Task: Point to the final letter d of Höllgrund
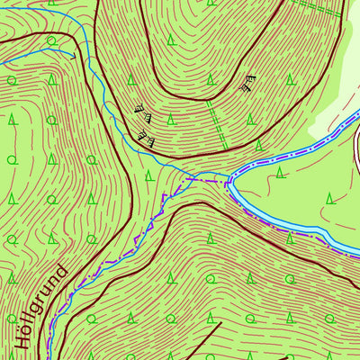[x=60, y=269]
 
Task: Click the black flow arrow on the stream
[x=70, y=52]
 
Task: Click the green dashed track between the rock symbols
[x=215, y=121]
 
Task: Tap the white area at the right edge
[x=356, y=144]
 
